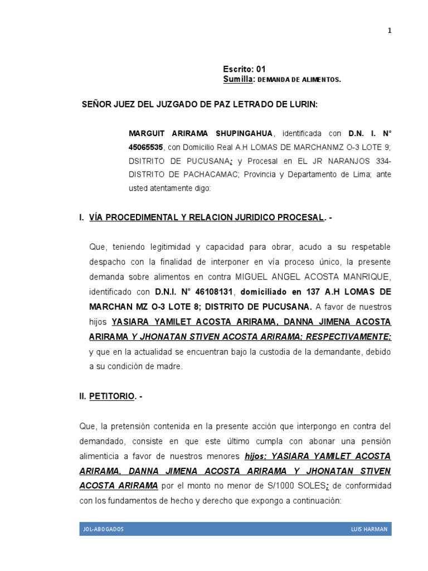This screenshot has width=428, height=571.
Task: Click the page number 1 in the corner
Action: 390,31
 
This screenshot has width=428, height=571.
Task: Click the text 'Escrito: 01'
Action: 245,69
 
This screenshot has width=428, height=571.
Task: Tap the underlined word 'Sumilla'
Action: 238,80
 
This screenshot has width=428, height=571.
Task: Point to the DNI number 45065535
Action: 145,148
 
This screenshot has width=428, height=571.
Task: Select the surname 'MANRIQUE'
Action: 368,277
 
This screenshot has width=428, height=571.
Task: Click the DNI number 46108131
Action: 213,292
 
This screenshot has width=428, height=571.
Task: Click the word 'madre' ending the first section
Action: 171,366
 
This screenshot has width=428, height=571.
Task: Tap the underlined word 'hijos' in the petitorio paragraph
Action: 256,456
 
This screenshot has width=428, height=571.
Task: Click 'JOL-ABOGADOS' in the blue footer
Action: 103,529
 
